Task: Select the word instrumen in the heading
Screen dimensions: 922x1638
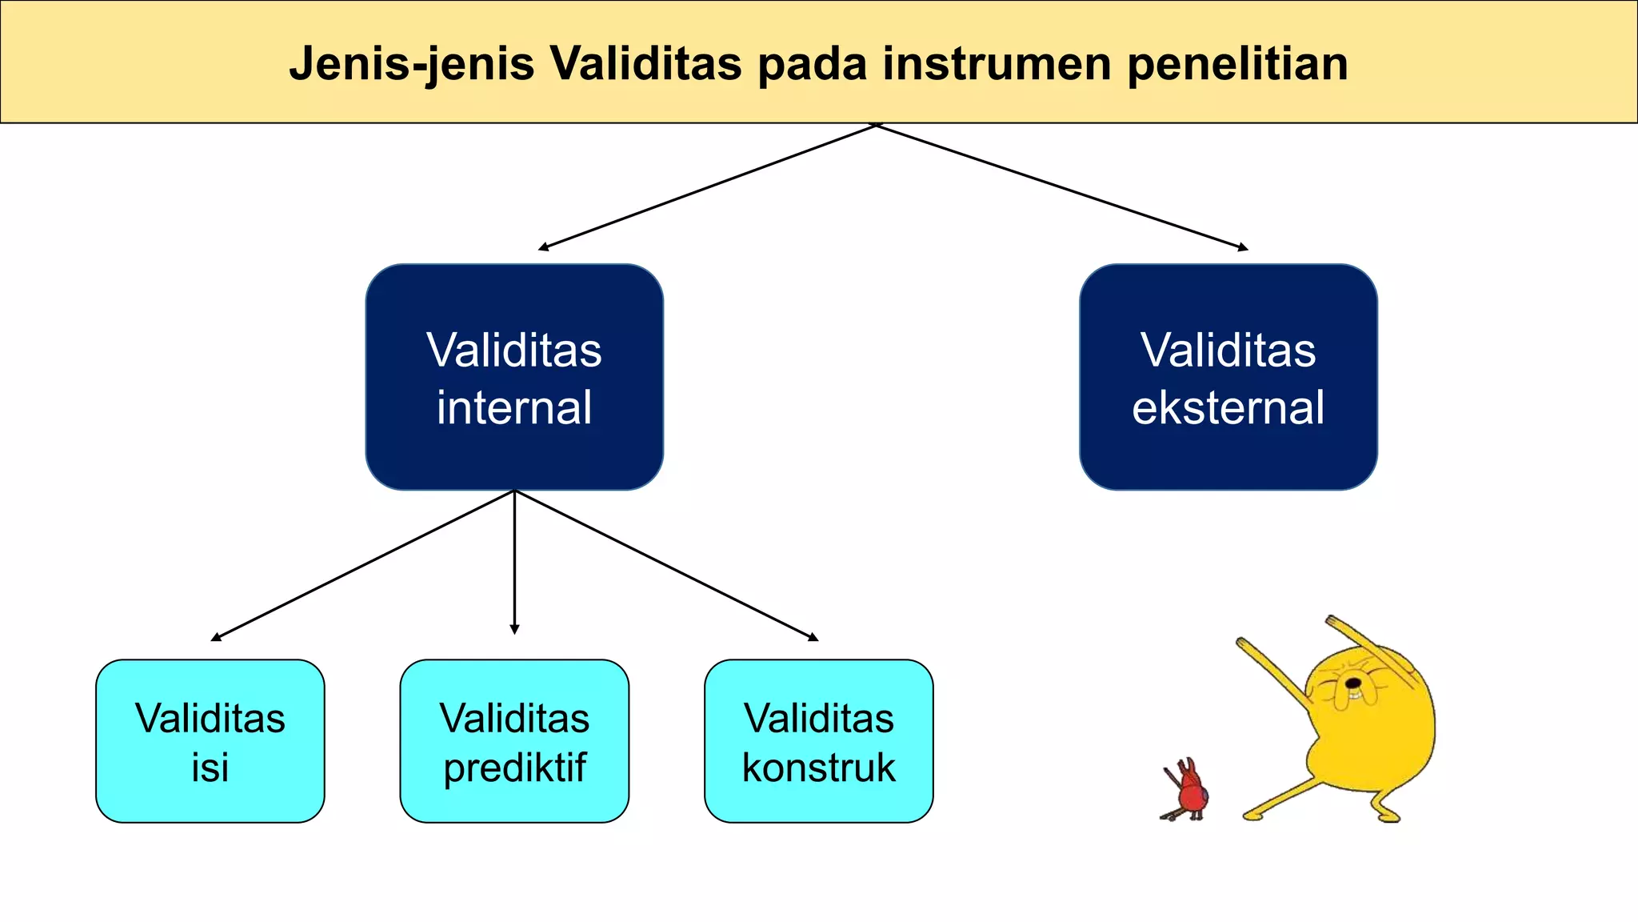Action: (997, 64)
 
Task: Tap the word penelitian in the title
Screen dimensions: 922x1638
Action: (1237, 64)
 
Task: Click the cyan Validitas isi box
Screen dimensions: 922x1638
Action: (210, 741)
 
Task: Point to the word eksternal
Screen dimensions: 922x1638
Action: (1228, 407)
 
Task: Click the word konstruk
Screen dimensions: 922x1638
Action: (818, 767)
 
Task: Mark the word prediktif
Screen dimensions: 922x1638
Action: (514, 767)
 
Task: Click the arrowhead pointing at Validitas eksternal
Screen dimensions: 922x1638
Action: (1243, 248)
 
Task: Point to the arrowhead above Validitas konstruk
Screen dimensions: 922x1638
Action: (813, 638)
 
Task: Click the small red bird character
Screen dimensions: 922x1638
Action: (1189, 792)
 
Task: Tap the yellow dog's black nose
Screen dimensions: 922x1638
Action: (1353, 683)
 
